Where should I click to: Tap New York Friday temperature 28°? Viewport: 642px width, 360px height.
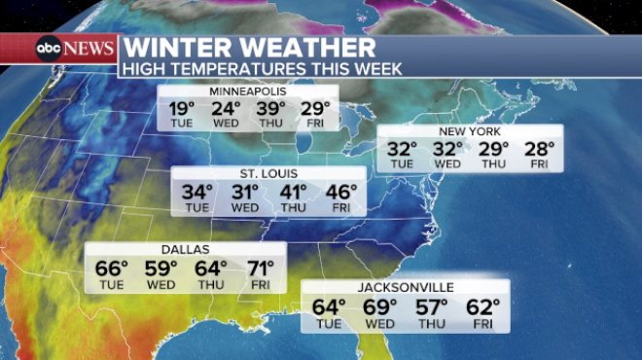click(538, 149)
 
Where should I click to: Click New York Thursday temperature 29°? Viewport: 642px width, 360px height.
click(493, 149)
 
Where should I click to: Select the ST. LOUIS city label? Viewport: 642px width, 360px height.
click(268, 174)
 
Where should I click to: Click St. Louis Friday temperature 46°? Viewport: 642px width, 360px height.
click(339, 192)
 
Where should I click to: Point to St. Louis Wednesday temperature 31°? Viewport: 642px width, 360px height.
click(245, 192)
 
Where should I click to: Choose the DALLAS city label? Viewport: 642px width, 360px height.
click(185, 250)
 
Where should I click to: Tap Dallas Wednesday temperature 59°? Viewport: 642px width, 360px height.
click(161, 268)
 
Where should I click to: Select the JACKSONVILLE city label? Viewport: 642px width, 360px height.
click(405, 287)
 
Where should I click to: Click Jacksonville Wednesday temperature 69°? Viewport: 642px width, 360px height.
click(380, 306)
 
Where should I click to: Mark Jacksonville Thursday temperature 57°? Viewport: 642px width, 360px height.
click(431, 306)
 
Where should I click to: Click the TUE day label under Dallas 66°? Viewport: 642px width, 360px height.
click(113, 283)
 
